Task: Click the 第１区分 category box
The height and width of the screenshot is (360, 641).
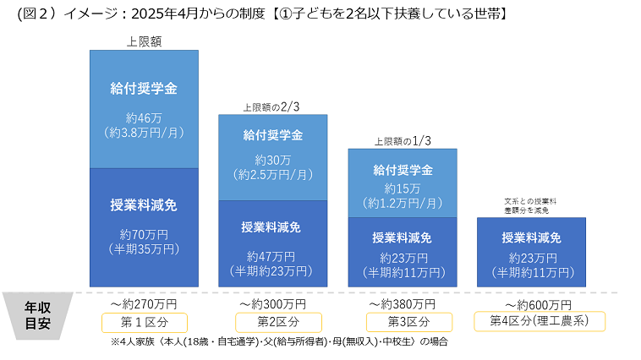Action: click(x=144, y=322)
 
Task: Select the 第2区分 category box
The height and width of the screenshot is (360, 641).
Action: click(x=272, y=322)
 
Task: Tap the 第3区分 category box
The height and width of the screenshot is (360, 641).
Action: click(x=403, y=322)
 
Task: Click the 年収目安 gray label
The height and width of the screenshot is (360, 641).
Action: click(x=36, y=315)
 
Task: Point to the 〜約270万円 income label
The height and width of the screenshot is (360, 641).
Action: click(x=143, y=303)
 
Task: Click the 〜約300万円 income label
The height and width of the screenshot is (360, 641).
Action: click(x=272, y=303)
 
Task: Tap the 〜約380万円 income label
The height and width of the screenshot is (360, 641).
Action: click(x=403, y=303)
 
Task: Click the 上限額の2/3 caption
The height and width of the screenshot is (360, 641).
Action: click(x=271, y=107)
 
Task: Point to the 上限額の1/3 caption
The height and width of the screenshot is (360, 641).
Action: click(x=402, y=141)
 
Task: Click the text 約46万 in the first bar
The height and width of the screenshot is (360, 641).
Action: click(x=143, y=118)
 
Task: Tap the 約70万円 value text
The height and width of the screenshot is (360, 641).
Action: click(x=144, y=235)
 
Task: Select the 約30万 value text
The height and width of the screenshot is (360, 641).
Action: click(x=272, y=160)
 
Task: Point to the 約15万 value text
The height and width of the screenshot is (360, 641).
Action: click(x=403, y=188)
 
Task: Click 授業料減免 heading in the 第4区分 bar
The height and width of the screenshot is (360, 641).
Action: click(x=531, y=237)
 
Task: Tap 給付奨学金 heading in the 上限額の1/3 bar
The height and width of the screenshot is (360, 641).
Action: click(x=403, y=170)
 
